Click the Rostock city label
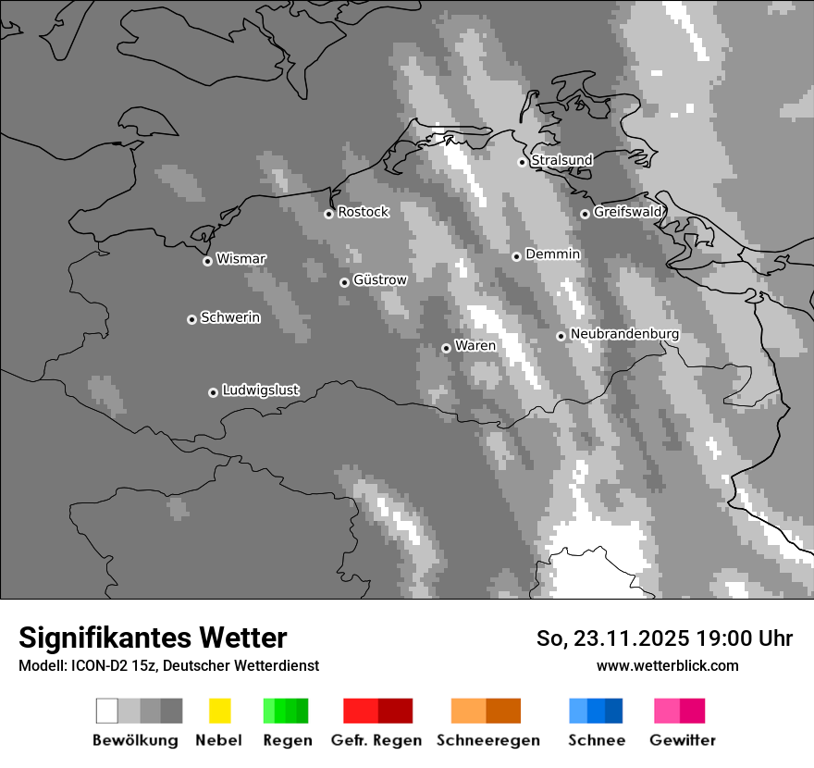(x=363, y=212)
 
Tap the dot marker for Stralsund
(x=522, y=162)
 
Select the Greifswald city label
(x=627, y=212)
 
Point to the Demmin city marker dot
(x=516, y=256)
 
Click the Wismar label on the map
(x=240, y=259)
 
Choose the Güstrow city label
(x=379, y=279)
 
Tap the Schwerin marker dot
(x=191, y=319)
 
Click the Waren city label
(x=475, y=346)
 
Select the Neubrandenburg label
(x=624, y=334)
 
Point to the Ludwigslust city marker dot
(x=213, y=392)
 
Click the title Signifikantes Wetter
(x=153, y=638)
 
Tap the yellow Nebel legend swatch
(x=219, y=711)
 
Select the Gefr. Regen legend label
(x=376, y=740)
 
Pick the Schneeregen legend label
(x=487, y=740)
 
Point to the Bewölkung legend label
(x=135, y=740)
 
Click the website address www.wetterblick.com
(x=667, y=665)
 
